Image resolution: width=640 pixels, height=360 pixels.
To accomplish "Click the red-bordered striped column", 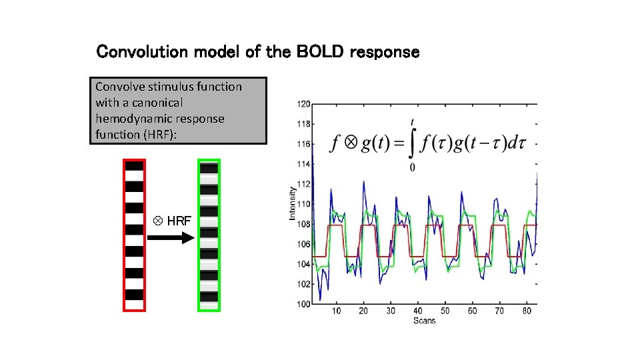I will pos(134,235).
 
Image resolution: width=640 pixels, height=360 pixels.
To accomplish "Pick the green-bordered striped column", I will pos(209,235).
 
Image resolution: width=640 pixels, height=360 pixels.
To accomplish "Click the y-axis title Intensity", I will pos(292,203).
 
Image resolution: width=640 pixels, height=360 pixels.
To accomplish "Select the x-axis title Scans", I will pos(424,321).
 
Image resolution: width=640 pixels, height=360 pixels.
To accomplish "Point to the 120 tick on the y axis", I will pos(303,104).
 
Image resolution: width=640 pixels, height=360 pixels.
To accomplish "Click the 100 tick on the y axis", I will pos(303,304).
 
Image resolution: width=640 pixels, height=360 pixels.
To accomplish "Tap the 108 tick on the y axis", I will pos(303,224).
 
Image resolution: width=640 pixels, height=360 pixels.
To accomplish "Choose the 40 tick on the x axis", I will pos(418,311).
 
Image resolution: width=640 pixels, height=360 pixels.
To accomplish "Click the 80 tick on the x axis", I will pos(527,311).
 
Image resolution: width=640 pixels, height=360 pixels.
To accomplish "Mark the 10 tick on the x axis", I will pos(336,311).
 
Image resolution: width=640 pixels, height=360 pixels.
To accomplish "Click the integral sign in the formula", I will pos(413,144).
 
